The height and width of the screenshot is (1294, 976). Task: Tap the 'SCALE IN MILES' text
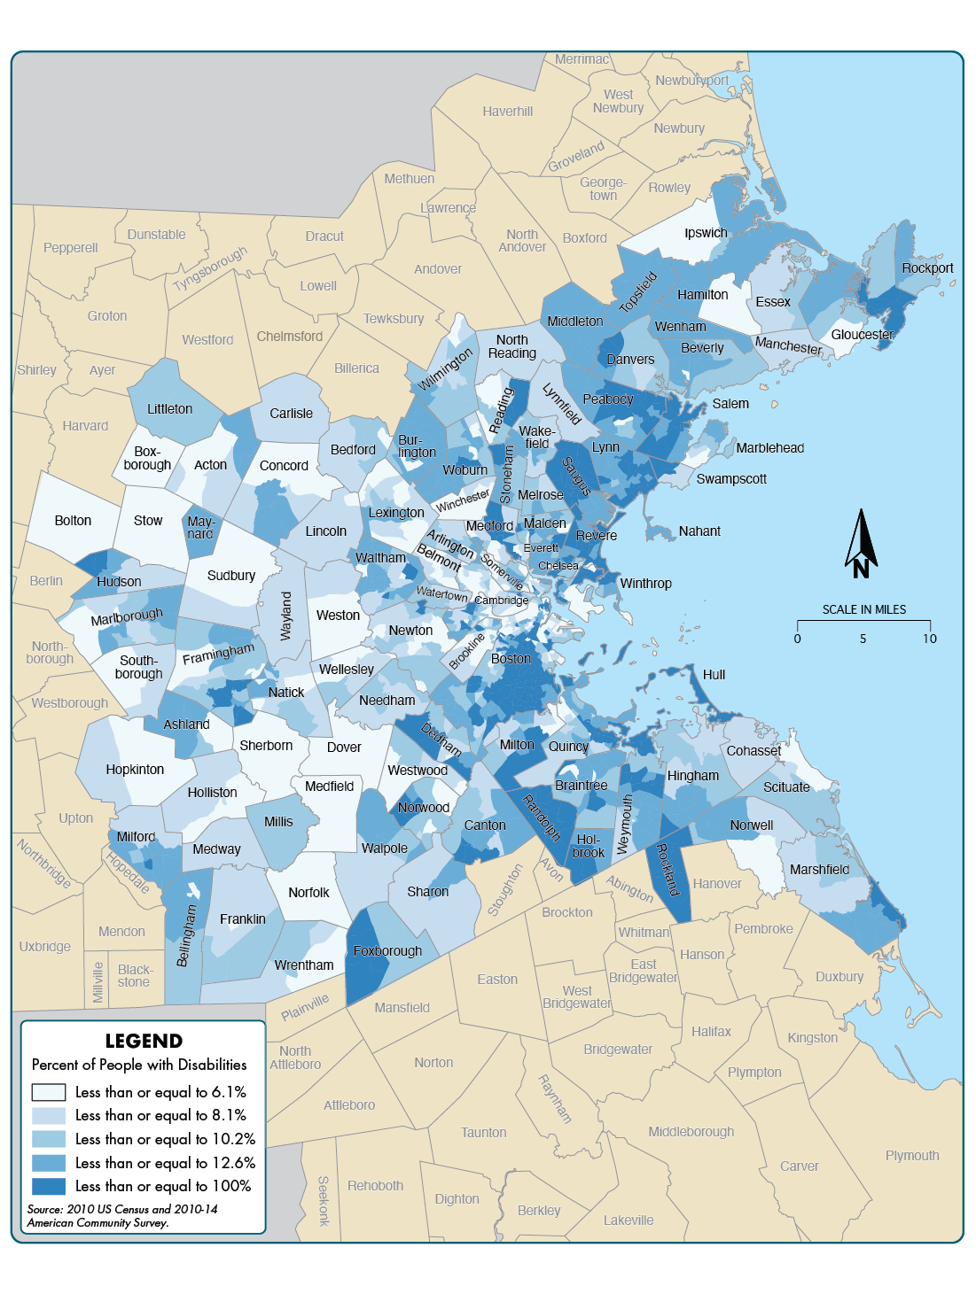click(863, 609)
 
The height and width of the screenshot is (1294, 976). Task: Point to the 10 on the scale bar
click(929, 639)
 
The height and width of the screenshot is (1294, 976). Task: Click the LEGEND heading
click(144, 1041)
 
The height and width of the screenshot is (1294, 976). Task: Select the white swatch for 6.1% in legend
click(49, 1092)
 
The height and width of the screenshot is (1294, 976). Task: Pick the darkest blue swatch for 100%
click(49, 1186)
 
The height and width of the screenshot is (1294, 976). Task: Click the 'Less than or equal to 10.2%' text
click(165, 1139)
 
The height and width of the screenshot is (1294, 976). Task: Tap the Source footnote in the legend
click(121, 1215)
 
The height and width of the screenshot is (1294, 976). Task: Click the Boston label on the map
click(511, 659)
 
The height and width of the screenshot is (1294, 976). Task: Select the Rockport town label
click(927, 268)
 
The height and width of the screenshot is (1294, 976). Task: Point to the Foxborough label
click(387, 951)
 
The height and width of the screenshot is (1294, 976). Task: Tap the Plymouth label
click(912, 1156)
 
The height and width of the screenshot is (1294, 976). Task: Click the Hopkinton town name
click(135, 770)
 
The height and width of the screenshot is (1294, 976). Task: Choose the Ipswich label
click(706, 233)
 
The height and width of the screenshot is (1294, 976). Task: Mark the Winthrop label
click(645, 584)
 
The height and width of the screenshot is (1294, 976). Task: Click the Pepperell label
click(71, 248)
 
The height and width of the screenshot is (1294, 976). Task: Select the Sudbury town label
click(230, 576)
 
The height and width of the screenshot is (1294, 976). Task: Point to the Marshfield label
click(819, 870)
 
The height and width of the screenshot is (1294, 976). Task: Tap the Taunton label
click(483, 1133)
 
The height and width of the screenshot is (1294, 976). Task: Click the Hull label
click(714, 675)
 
